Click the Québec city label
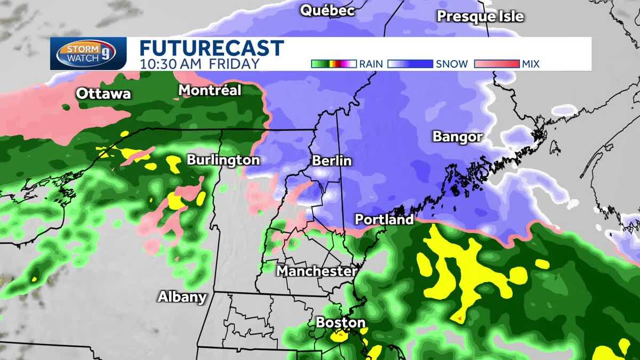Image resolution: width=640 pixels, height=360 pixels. pos(327,10)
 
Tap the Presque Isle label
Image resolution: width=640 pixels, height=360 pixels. pos(480,16)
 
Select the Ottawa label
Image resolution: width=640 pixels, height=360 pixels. pos(103,94)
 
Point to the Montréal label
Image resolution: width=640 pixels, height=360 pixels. pos(210,90)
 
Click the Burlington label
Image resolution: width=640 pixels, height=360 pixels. pos(223,160)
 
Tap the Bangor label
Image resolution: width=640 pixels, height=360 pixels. pos(458,137)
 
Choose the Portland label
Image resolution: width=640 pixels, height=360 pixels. pos(384,219)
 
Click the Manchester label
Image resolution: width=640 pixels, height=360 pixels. pos(316,271)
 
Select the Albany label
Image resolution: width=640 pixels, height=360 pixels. pos(182,297)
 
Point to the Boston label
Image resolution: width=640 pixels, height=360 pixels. pos(340,322)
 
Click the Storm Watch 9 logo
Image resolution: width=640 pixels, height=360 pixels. pos(88,53)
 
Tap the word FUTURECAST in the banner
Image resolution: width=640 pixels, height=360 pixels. pos(211,48)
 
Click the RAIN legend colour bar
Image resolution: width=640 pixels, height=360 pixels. pos(333,64)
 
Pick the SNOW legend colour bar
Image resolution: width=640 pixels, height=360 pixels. pos(410,64)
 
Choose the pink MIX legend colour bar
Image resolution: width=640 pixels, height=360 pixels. pos(496,64)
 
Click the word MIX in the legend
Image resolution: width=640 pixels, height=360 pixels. pos(531,64)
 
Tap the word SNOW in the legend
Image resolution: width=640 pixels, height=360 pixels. pos(452,64)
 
